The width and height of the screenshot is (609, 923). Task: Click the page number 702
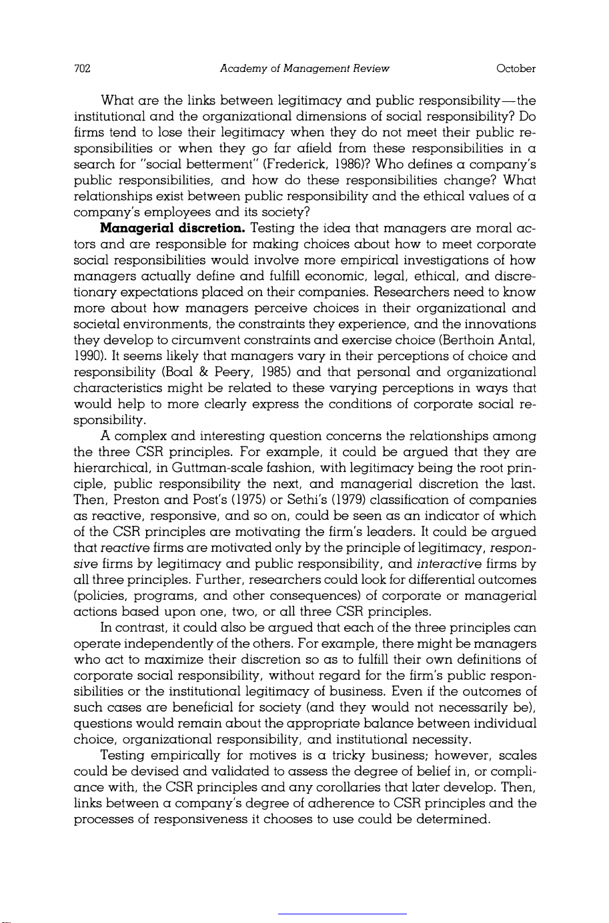click(x=82, y=69)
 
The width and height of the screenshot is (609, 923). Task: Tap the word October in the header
click(x=516, y=69)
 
